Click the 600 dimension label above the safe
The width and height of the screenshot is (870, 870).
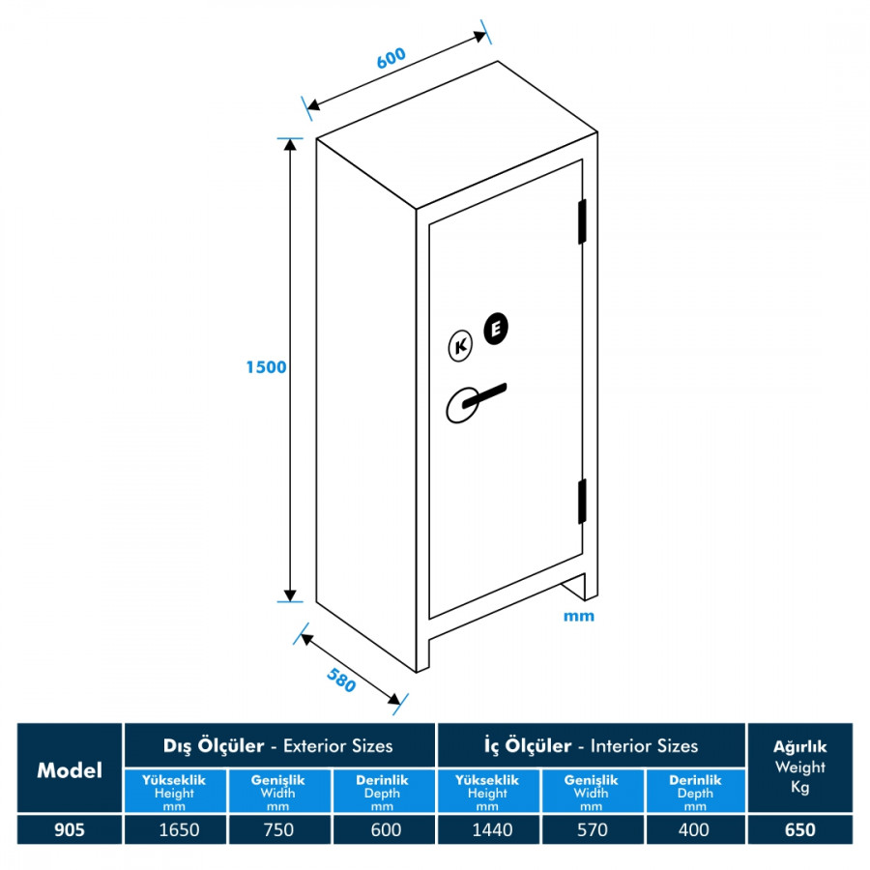pos(391,58)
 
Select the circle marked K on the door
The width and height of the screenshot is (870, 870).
pos(460,346)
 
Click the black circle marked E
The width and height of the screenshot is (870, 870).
pos(495,329)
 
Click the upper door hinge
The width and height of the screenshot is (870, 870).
pos(583,221)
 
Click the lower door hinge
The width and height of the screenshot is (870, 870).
pos(583,502)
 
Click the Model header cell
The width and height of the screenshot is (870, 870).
pos(70,769)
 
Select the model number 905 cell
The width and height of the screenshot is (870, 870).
pos(70,829)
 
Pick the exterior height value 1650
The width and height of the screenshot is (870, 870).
pos(175,829)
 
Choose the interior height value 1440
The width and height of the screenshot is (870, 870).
pos(487,829)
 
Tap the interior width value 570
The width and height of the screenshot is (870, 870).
pos(591,829)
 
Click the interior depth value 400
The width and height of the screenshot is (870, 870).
pos(694,829)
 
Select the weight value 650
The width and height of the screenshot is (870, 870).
pos(799,829)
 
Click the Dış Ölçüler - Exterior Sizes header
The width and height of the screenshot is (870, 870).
pos(278,745)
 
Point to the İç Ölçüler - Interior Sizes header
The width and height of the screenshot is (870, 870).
pos(591,745)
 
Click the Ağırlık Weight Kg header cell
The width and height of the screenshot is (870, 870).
pos(799,768)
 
